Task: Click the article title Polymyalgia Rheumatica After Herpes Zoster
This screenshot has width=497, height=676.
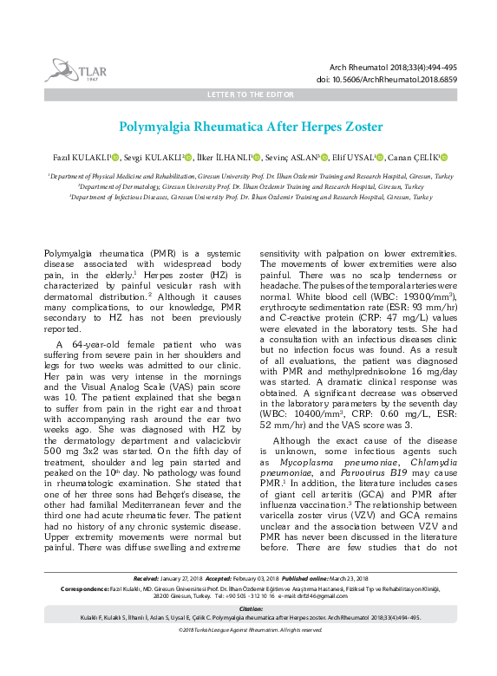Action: coord(250,127)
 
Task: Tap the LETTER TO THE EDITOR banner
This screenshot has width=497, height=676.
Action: coord(250,93)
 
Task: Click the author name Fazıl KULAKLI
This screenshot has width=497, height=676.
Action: coord(81,157)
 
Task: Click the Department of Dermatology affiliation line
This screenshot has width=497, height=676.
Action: coord(250,185)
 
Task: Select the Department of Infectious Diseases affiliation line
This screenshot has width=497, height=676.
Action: coord(250,197)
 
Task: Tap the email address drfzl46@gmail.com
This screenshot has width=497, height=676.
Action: coord(319,597)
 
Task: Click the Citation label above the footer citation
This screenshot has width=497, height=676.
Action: coord(250,609)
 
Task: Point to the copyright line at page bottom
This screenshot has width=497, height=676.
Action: coord(250,629)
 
